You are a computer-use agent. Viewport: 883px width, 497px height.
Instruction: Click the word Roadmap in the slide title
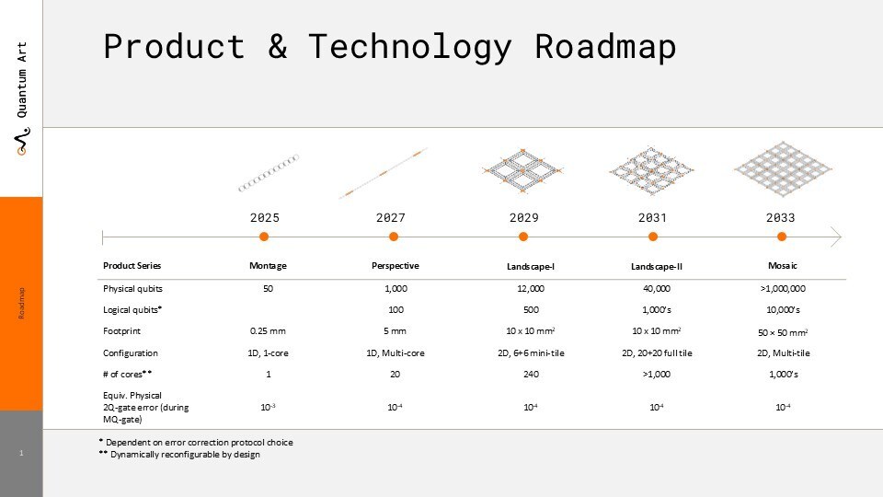click(x=605, y=47)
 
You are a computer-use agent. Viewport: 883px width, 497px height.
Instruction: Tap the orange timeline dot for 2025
click(x=264, y=237)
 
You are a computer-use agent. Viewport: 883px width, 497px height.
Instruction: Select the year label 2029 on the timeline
click(x=523, y=217)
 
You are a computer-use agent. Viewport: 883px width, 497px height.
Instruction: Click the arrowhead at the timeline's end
click(x=836, y=237)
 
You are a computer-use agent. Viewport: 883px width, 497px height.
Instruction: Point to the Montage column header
click(x=268, y=265)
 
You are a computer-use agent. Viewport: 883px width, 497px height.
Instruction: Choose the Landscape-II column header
click(x=657, y=266)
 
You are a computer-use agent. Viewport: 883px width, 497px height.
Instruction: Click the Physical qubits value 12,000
click(x=531, y=288)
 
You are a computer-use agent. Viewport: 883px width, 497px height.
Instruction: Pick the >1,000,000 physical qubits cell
click(x=783, y=288)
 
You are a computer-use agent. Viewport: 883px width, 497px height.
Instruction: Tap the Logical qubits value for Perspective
click(x=396, y=309)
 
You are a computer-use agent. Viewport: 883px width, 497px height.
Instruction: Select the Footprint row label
click(x=121, y=330)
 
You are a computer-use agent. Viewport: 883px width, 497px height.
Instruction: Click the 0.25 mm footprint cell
click(x=268, y=330)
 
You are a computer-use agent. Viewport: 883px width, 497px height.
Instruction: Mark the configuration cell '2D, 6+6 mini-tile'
click(x=531, y=353)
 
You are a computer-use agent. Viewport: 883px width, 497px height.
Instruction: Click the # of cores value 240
click(x=531, y=374)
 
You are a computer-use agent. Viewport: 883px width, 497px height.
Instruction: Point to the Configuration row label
click(x=130, y=353)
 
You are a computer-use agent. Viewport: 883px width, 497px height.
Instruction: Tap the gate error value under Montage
click(x=268, y=407)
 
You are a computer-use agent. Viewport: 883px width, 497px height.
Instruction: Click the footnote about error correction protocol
click(x=196, y=443)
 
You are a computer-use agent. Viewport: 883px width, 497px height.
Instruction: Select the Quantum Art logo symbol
click(x=22, y=142)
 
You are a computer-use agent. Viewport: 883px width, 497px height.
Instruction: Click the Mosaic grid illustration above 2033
click(x=782, y=168)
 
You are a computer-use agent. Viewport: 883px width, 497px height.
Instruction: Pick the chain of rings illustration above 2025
click(x=268, y=173)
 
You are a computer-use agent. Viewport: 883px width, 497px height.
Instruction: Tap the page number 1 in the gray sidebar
click(x=21, y=453)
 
